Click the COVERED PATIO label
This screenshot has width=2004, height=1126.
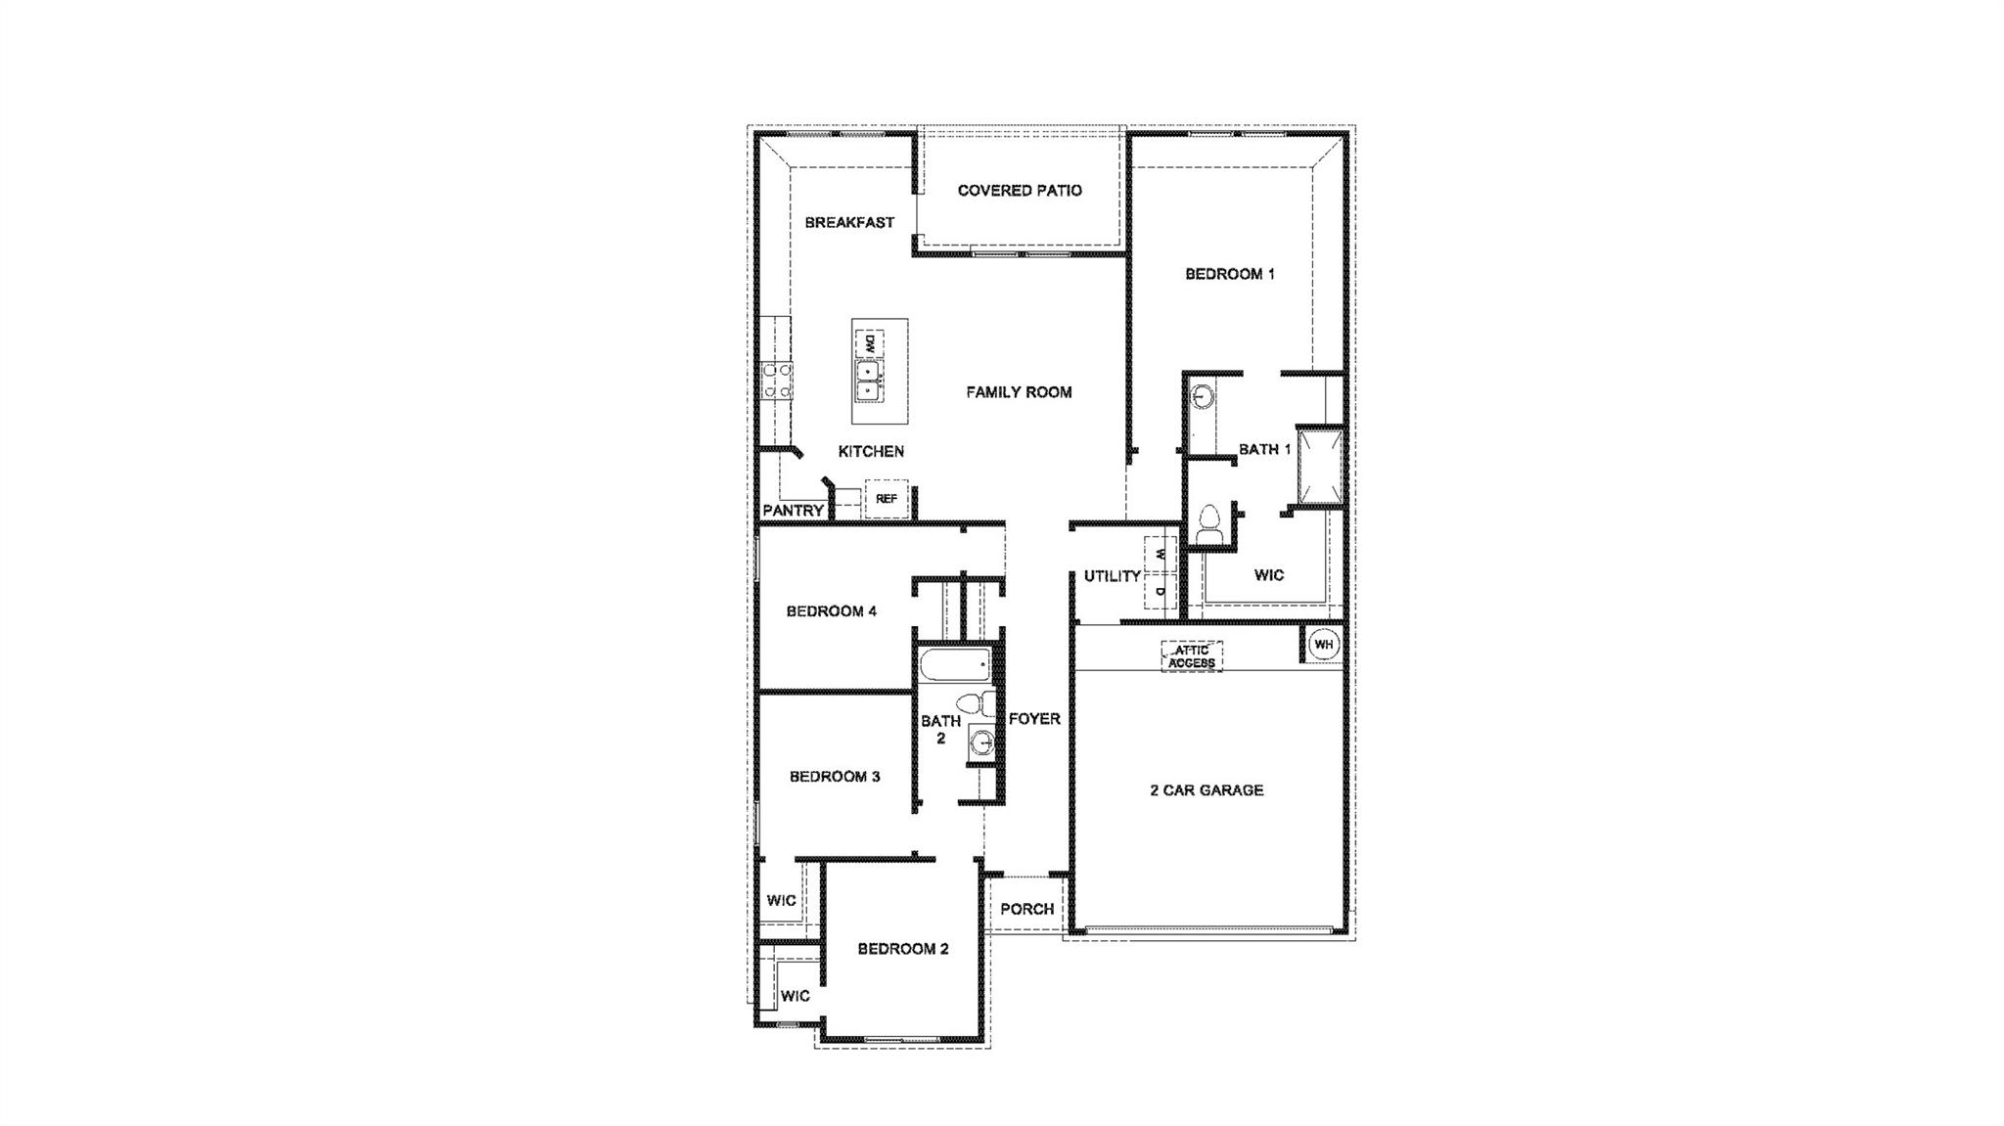1020,191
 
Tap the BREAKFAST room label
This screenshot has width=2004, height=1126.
849,223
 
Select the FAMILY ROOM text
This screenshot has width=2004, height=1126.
1019,392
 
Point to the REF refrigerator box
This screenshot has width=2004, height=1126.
887,499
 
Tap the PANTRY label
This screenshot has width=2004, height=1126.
793,511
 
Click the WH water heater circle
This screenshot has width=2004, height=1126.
1323,645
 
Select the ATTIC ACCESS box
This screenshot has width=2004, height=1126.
1192,656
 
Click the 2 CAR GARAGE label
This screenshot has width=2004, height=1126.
1207,790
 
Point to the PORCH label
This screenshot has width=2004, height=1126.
1026,910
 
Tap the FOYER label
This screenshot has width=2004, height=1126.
1034,719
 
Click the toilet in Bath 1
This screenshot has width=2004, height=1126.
1210,522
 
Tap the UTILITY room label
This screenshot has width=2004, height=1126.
1113,576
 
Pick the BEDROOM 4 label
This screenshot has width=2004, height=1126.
831,611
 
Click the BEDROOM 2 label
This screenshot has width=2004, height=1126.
903,949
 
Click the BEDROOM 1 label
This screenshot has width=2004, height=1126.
1230,275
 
